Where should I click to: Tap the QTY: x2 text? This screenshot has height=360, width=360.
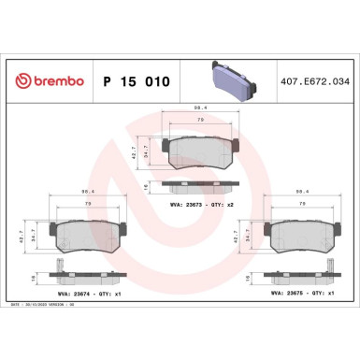pyautogui.click(x=230, y=204)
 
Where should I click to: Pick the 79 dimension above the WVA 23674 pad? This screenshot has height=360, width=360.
pyautogui.click(x=89, y=204)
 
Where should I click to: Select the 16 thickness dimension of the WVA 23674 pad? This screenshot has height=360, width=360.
pyautogui.click(x=36, y=278)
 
